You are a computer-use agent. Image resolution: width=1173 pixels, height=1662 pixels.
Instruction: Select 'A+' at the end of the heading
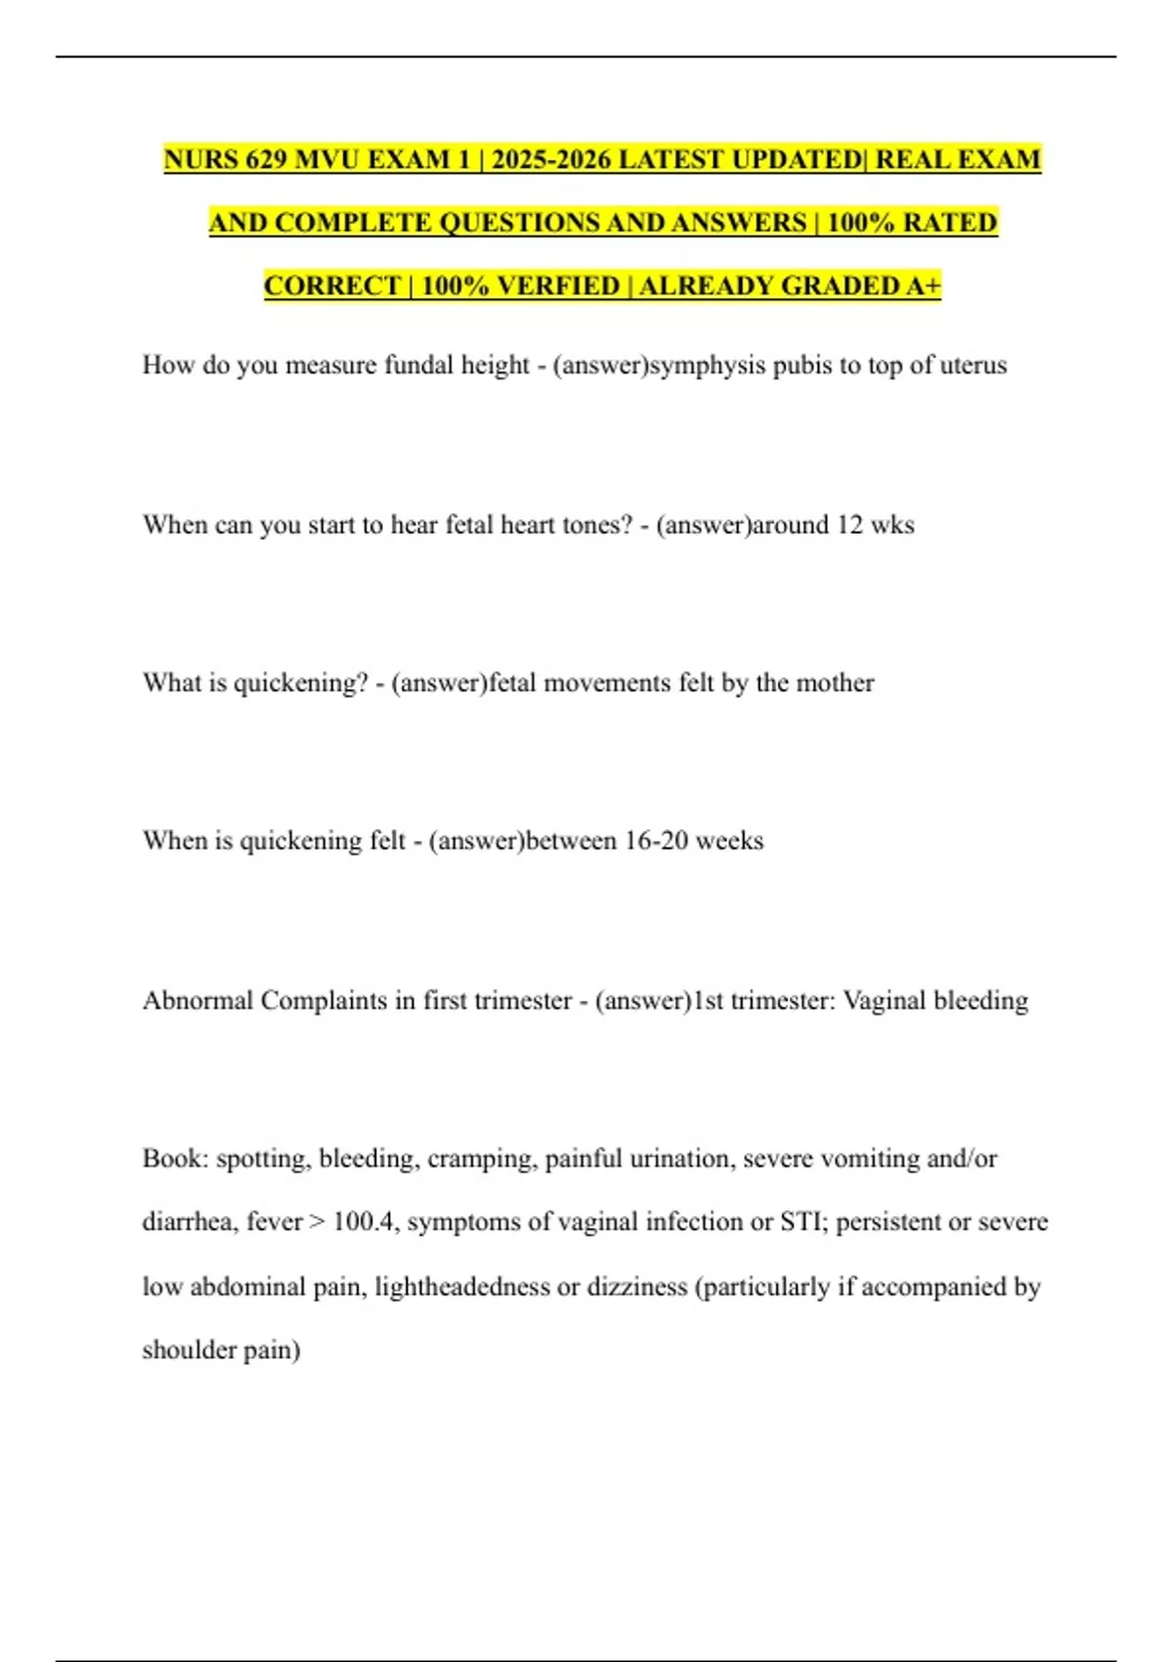point(923,285)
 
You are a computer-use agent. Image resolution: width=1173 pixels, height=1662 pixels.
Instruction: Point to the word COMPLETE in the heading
point(353,223)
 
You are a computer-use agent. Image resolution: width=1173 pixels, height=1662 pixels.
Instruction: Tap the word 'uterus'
point(973,366)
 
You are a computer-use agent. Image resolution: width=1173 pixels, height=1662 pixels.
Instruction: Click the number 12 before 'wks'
point(849,525)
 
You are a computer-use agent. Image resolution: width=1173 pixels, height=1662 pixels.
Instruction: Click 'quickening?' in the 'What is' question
point(300,682)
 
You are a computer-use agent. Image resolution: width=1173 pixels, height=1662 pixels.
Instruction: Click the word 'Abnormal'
point(197,1000)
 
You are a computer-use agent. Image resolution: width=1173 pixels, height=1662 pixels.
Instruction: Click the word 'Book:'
point(175,1159)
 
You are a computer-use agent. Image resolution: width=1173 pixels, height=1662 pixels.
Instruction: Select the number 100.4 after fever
point(365,1222)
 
